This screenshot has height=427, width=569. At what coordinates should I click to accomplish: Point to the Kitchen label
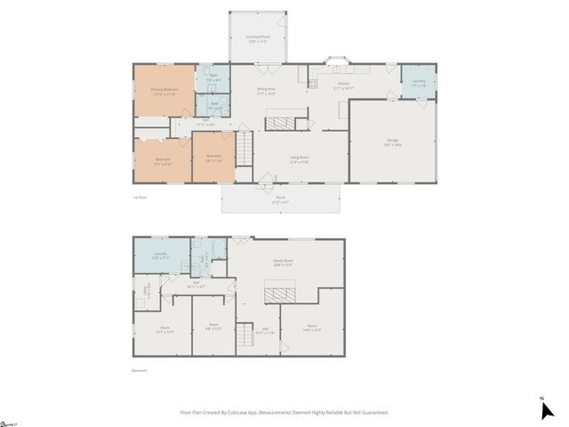coord(343,85)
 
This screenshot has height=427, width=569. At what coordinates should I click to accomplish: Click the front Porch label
coord(280,200)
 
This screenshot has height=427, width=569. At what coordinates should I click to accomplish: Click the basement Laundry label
coord(161,255)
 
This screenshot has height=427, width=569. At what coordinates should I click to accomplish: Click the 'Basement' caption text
coord(140,371)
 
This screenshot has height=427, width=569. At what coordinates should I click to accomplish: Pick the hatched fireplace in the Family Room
coord(284,294)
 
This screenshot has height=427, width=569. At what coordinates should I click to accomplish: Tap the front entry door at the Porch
coord(265,185)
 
